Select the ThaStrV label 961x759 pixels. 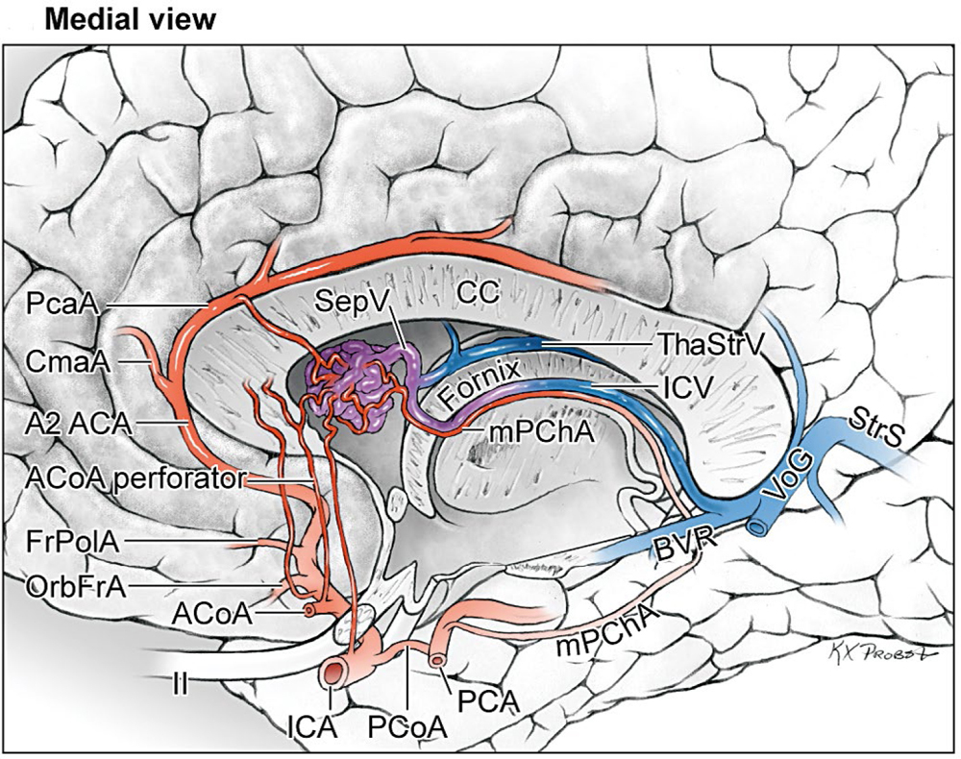coord(702,343)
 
